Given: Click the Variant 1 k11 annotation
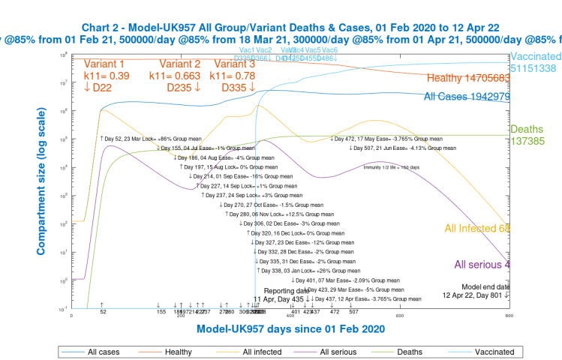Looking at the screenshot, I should click(x=108, y=76).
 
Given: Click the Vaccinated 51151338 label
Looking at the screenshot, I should click(x=535, y=63).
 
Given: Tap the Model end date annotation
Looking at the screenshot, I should click(x=485, y=291).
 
